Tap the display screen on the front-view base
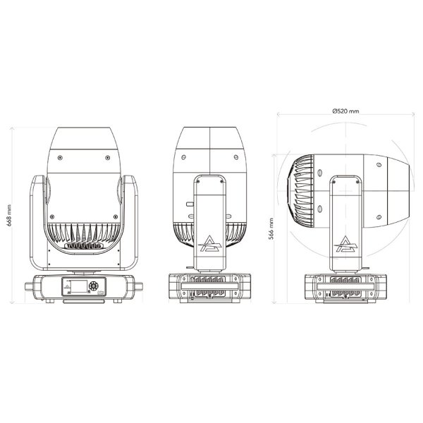[73, 288]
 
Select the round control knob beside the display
[97, 287]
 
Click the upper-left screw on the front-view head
[61, 157]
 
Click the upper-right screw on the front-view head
[106, 157]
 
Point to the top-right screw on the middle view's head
[236, 157]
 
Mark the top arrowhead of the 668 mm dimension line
[15, 129]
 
